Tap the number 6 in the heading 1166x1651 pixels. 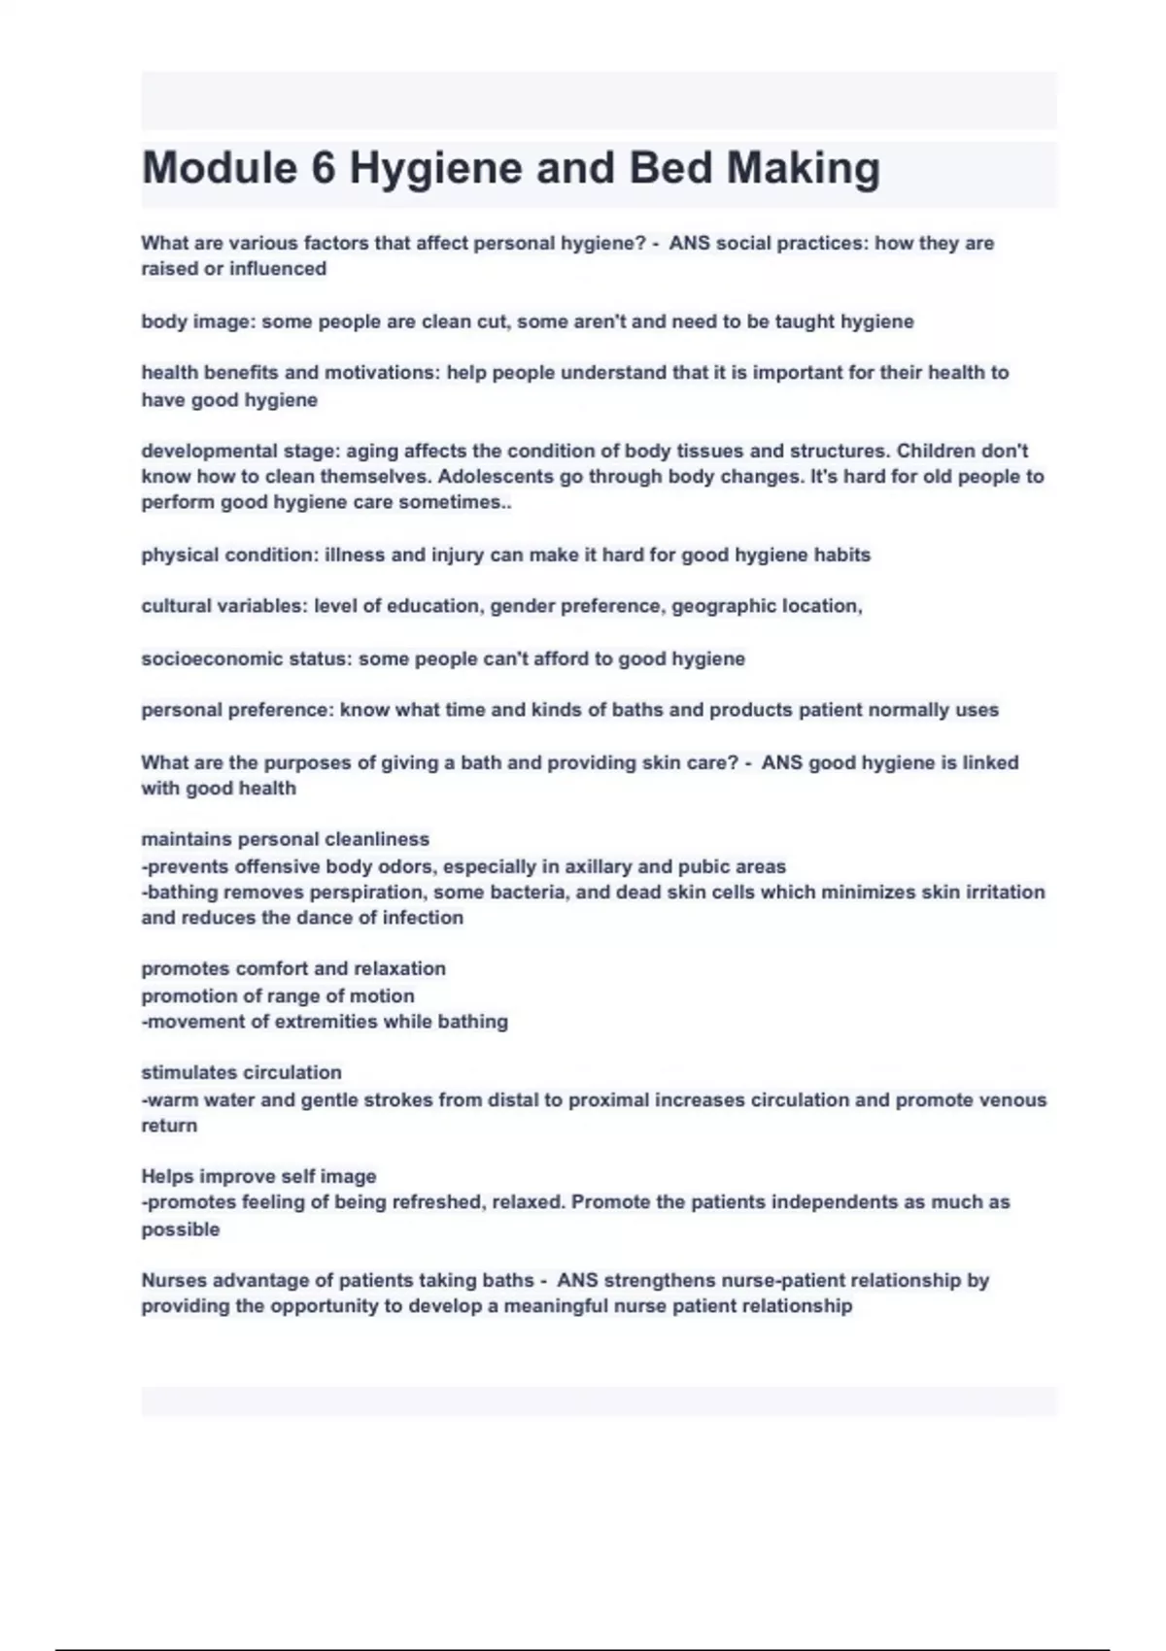pos(324,168)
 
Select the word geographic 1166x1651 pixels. pos(724,606)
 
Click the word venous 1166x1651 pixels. pos(1012,1100)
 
